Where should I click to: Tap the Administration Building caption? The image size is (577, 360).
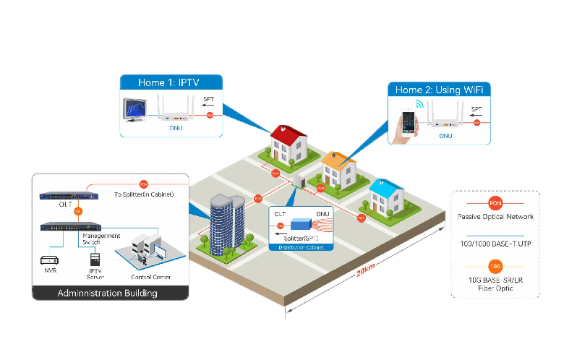[x=107, y=293]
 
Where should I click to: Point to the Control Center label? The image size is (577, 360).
[x=151, y=277]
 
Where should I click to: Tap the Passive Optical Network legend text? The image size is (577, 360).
[x=495, y=217]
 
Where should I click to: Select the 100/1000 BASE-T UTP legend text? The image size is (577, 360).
[x=495, y=244]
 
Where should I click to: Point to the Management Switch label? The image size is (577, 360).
[x=101, y=239]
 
